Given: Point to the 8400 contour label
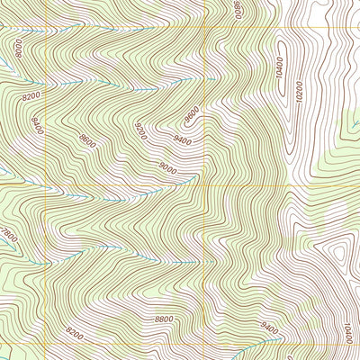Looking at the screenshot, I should click(x=37, y=121).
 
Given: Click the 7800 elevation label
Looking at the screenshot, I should click(x=8, y=238).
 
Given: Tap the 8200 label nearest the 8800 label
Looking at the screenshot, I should click(x=74, y=335).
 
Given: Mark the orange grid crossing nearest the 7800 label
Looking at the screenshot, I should click(x=45, y=186).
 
